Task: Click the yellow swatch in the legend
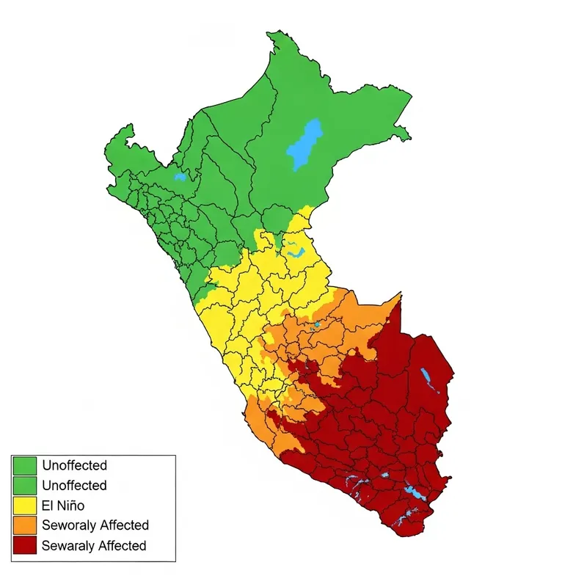click(25, 506)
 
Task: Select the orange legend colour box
click(25, 525)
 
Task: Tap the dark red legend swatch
click(25, 546)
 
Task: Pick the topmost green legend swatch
click(25, 465)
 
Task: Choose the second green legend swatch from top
click(25, 485)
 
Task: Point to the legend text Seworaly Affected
click(95, 525)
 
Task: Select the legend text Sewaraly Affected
click(94, 546)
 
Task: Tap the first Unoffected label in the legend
click(74, 465)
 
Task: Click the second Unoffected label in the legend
click(74, 485)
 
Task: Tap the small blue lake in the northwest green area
click(179, 177)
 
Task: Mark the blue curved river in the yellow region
click(296, 251)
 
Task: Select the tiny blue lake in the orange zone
click(317, 324)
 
